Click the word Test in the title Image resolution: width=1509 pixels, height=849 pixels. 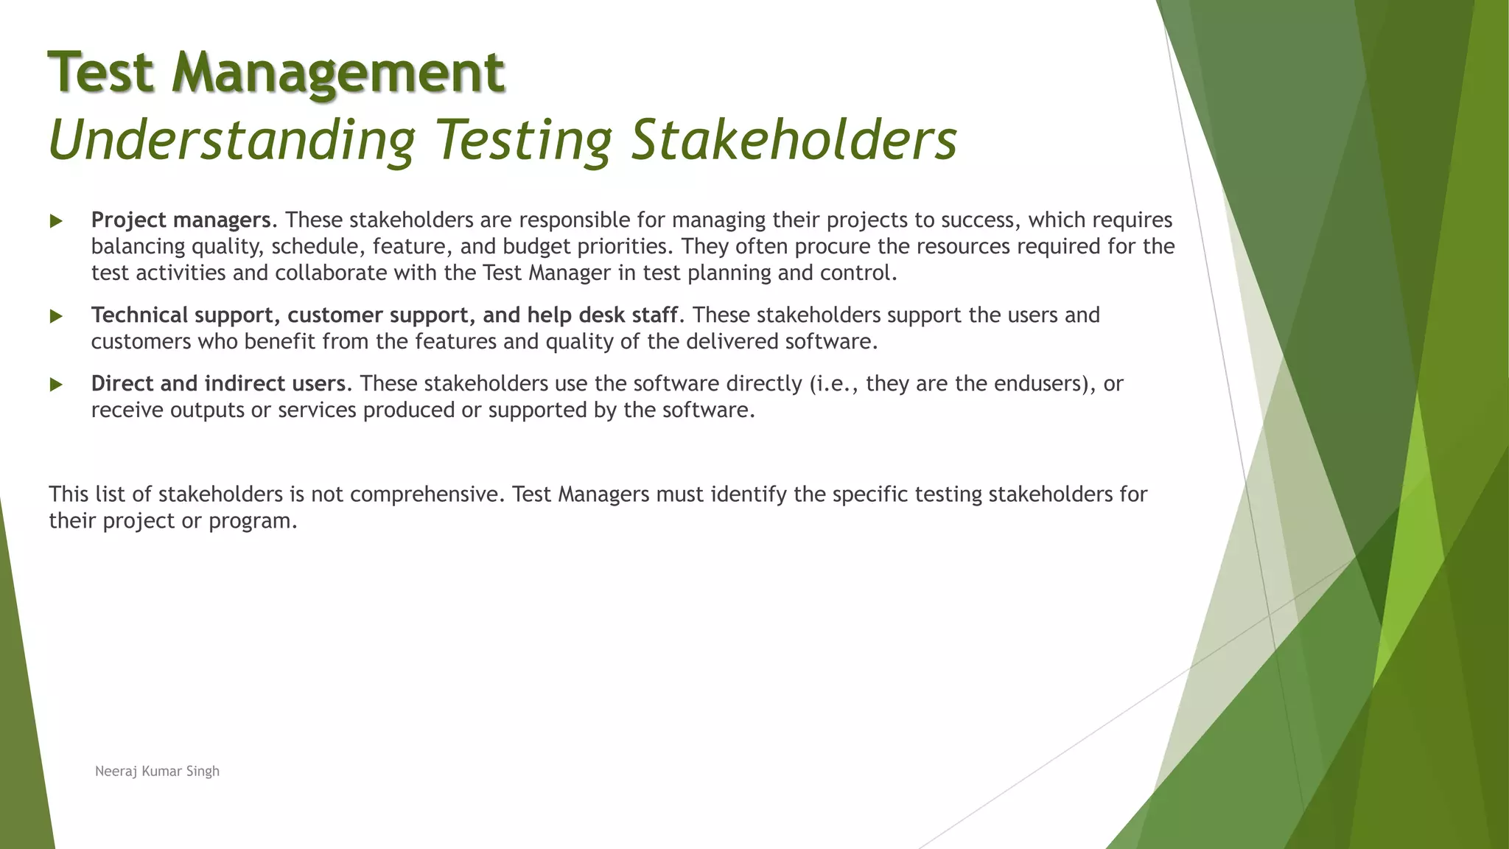[x=101, y=72]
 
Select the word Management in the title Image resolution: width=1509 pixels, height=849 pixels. [x=338, y=72]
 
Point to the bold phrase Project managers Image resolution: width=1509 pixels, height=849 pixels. [x=181, y=220]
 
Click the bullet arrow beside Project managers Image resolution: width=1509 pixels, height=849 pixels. [x=56, y=221]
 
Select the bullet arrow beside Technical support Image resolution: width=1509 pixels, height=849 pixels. [x=56, y=316]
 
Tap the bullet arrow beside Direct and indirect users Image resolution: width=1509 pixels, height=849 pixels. [x=56, y=385]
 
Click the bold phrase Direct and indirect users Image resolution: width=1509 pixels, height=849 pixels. [x=218, y=383]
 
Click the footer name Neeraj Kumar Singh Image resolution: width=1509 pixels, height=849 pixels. [x=157, y=771]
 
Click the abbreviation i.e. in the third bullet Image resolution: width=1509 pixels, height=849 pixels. [x=834, y=383]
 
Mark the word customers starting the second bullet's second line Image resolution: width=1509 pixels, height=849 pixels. [x=141, y=341]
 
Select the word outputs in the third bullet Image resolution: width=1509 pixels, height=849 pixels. [x=207, y=410]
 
